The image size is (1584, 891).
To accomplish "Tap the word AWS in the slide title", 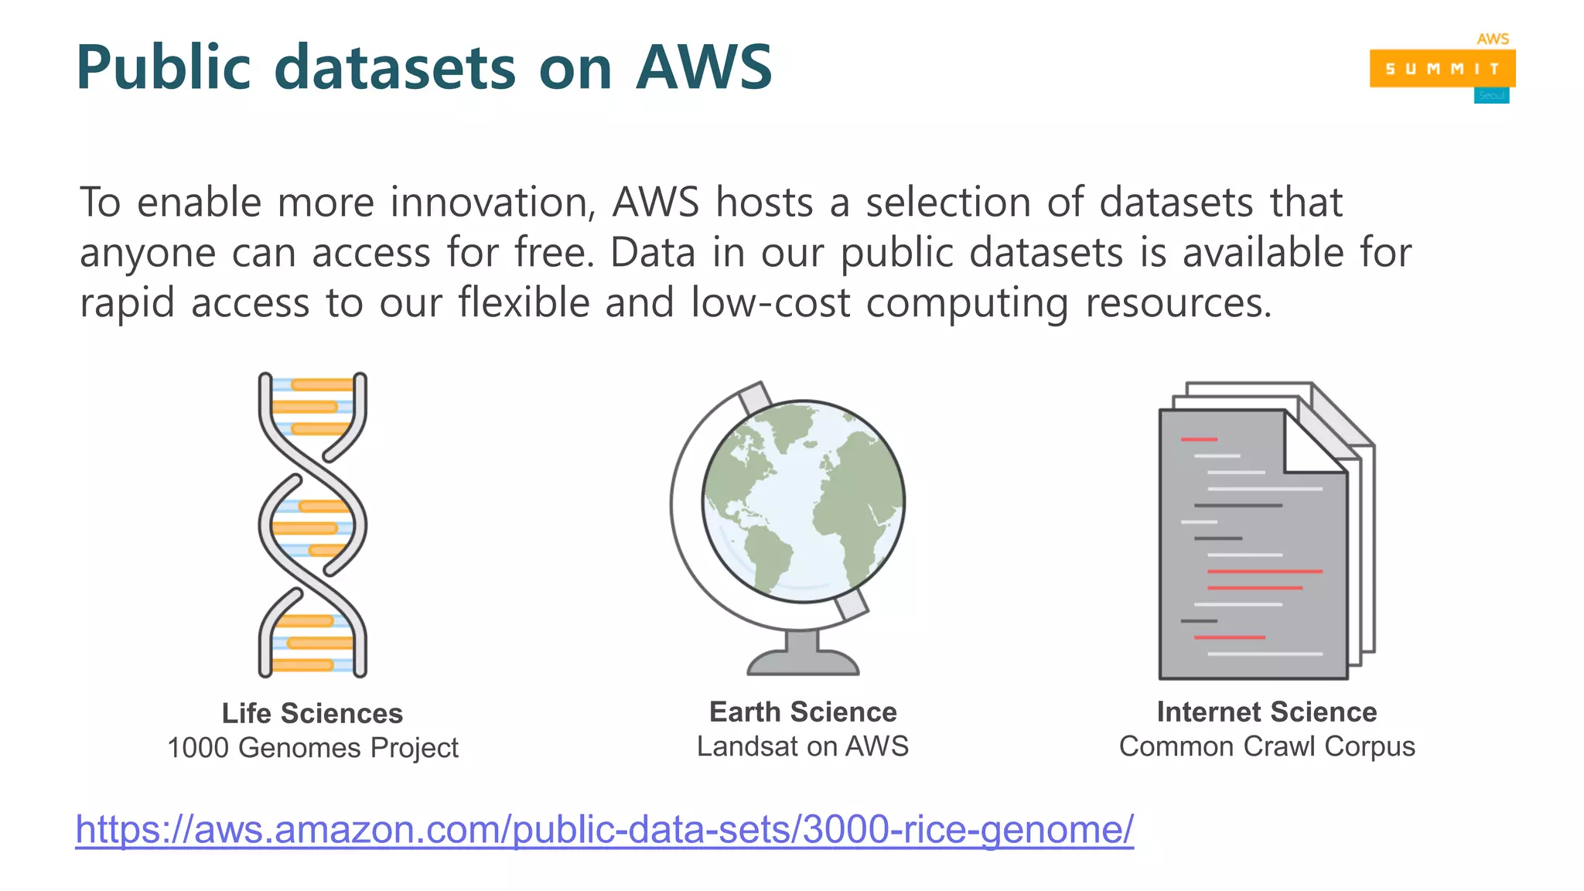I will tap(704, 68).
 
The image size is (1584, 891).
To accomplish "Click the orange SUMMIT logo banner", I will tap(1442, 69).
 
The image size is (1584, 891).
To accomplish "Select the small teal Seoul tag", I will tap(1491, 96).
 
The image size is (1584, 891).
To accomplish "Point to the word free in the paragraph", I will tap(554, 253).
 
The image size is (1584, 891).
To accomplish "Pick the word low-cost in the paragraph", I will tap(770, 302).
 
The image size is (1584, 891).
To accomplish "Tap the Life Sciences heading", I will tap(312, 713).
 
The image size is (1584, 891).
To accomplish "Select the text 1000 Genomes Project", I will tap(312, 748).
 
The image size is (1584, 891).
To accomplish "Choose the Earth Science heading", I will tap(803, 712).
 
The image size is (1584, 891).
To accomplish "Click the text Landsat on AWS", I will tap(803, 746).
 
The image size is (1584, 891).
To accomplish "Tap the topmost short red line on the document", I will tap(1199, 439).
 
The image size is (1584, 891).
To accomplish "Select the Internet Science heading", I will tap(1267, 712).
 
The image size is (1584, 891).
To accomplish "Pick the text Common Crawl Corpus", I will tap(1267, 746).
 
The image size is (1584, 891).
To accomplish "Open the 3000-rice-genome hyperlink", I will tap(604, 829).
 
